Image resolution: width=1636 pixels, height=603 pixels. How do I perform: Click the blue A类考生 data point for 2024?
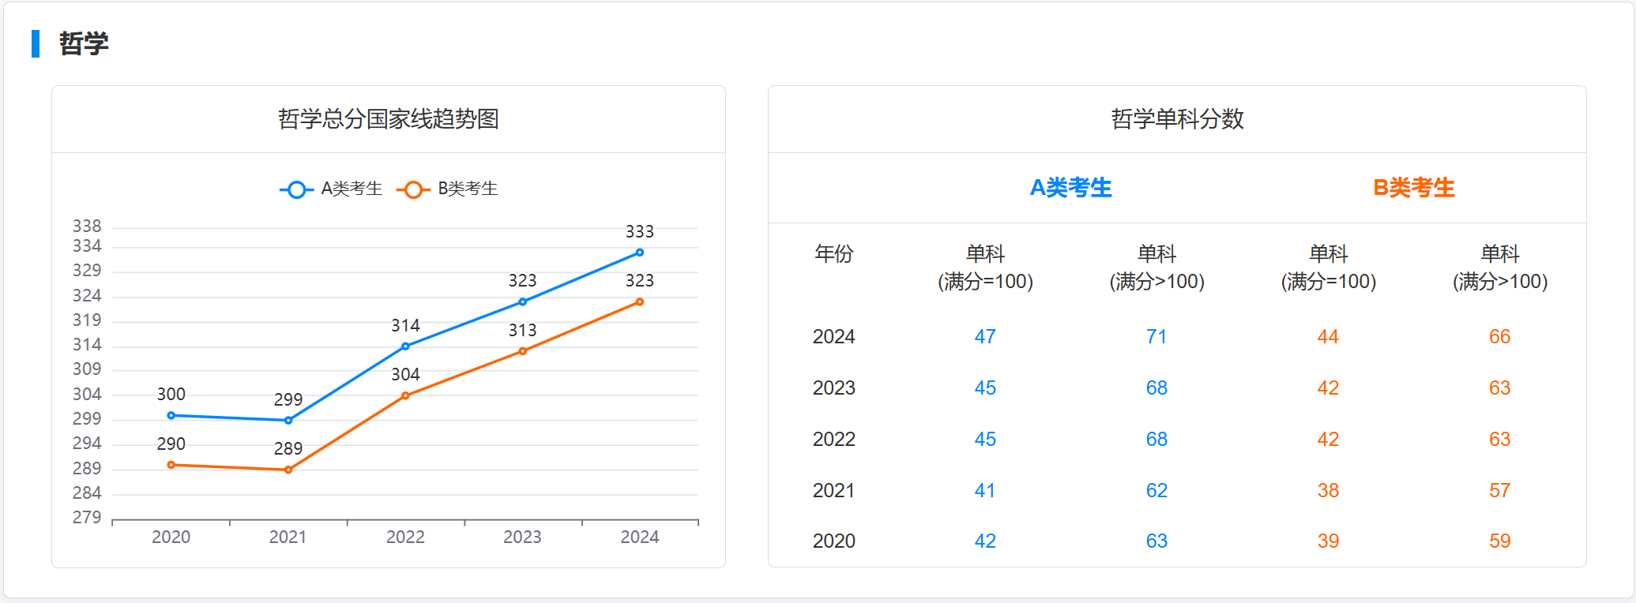click(x=640, y=253)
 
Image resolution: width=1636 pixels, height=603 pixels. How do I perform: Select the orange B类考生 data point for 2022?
click(x=405, y=395)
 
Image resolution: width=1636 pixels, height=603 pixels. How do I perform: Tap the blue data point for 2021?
click(x=288, y=420)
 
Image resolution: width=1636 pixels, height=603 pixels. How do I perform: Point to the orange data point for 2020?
click(x=171, y=465)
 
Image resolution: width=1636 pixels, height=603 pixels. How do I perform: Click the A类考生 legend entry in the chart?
click(x=332, y=189)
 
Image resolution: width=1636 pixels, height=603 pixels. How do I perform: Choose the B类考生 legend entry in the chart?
click(x=448, y=189)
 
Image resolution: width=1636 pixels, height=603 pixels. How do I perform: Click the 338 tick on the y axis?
click(x=87, y=227)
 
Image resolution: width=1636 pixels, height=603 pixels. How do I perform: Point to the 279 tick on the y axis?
click(x=87, y=518)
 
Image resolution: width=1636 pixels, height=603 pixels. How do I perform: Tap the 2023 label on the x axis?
click(x=522, y=537)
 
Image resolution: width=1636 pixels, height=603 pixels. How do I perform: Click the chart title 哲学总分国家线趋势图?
click(x=388, y=119)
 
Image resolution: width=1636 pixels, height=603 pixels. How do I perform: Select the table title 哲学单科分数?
click(x=1177, y=119)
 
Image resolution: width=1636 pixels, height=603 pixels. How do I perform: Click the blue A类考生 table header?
click(x=1070, y=188)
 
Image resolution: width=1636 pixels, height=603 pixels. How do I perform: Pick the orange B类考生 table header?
click(x=1413, y=188)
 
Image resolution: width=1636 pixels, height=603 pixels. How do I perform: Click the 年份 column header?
click(x=833, y=254)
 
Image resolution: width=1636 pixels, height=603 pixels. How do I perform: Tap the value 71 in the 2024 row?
click(x=1156, y=337)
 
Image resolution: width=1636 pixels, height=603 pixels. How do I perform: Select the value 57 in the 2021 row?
click(x=1499, y=491)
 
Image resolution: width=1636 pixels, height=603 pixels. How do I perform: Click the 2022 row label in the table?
click(x=833, y=440)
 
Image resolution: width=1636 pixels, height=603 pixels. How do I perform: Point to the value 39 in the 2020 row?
click(x=1328, y=541)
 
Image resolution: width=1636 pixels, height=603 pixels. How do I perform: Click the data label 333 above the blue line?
click(x=640, y=232)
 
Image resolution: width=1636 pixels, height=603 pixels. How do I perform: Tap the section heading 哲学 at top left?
click(x=84, y=43)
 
